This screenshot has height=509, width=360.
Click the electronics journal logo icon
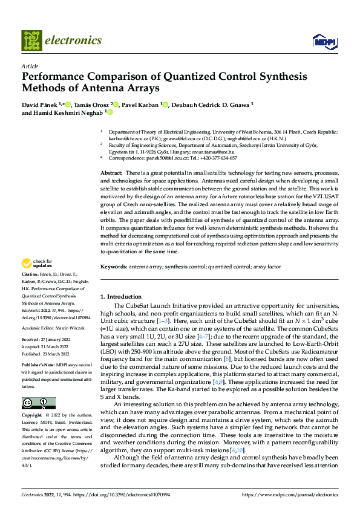coord(31,41)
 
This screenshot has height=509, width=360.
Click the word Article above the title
coord(29,66)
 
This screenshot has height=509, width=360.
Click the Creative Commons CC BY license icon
coord(38,404)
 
